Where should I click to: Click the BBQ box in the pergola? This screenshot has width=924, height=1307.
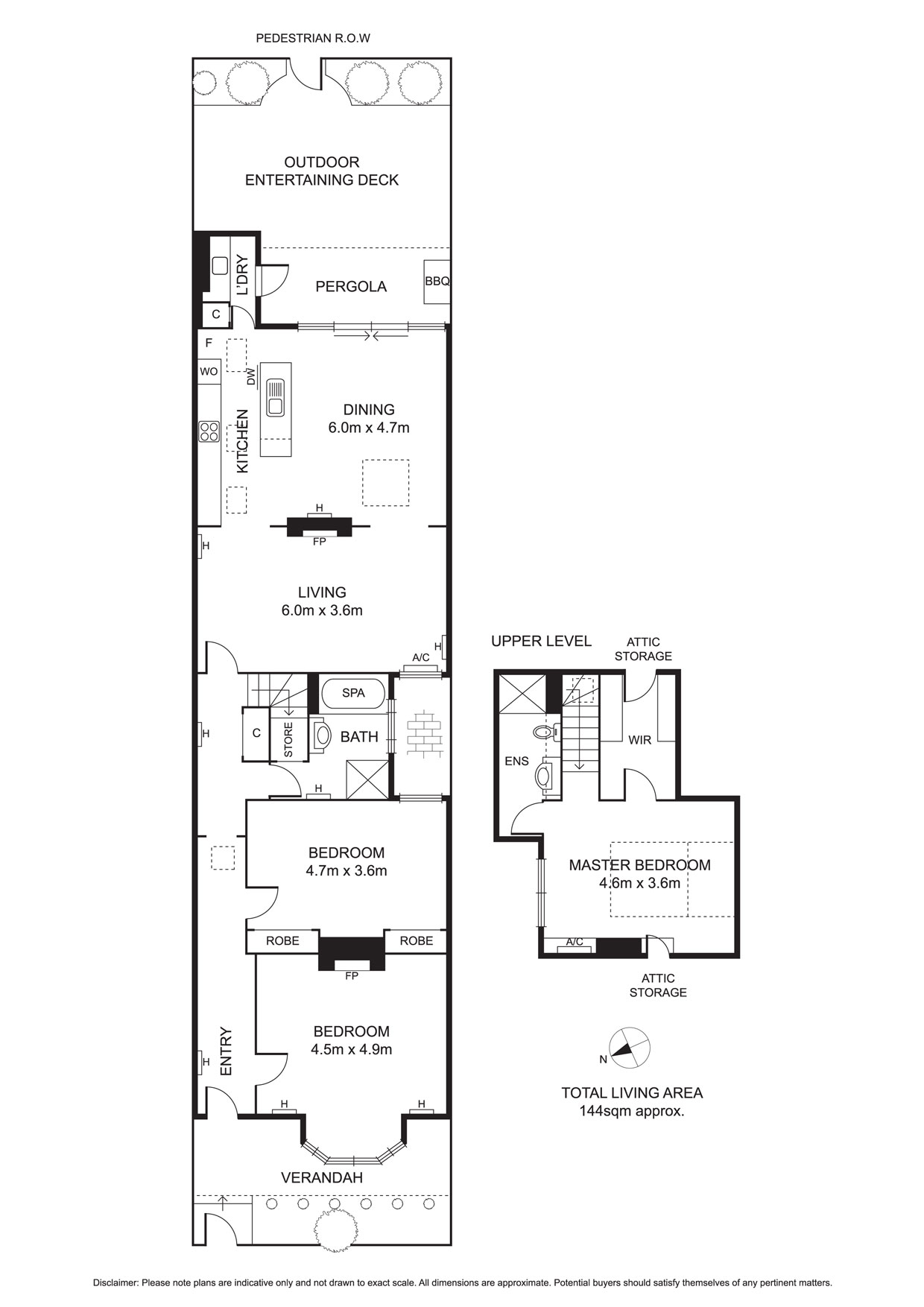[437, 282]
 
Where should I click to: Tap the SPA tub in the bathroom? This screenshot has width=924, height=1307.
[353, 693]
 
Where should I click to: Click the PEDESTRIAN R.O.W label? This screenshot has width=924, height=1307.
[313, 38]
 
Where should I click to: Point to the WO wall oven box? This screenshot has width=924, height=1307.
[209, 372]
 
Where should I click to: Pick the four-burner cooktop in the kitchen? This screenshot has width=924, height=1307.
[209, 431]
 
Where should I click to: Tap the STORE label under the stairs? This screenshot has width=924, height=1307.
[288, 739]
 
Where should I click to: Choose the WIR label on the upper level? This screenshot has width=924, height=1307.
[640, 740]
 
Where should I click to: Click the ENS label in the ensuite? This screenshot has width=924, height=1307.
[516, 761]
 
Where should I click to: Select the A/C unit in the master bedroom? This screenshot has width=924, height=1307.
[574, 946]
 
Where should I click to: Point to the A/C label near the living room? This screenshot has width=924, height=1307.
[421, 657]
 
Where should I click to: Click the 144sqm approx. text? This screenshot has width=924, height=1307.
[632, 1111]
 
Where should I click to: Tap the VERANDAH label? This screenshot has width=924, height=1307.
[322, 1177]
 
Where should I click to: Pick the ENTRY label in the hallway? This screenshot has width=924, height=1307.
[227, 1051]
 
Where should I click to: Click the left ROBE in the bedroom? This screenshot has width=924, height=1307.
[282, 941]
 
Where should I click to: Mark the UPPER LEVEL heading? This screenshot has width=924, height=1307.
[541, 641]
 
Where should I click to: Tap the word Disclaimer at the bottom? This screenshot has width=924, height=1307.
[115, 1283]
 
